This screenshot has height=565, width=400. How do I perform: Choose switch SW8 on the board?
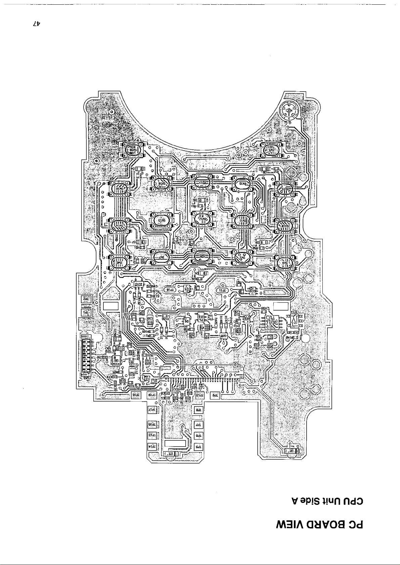point(120,262)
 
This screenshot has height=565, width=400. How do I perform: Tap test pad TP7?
point(198,424)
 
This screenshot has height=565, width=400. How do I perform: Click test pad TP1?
point(86,312)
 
